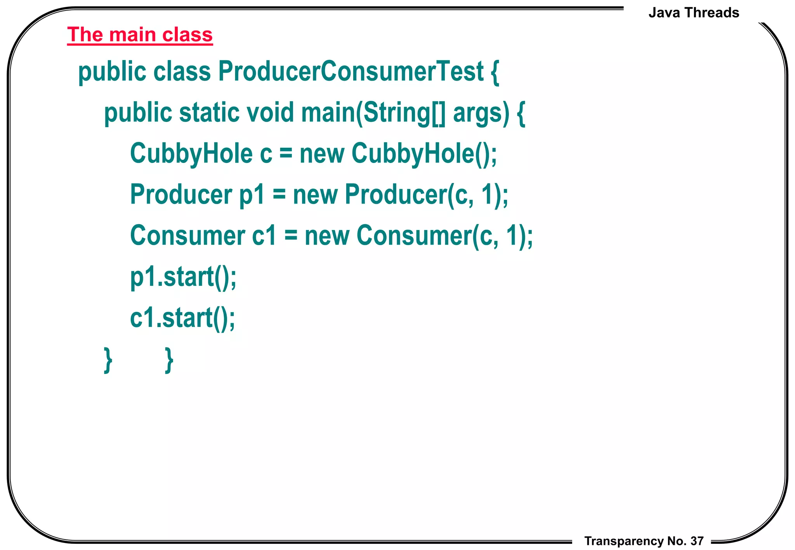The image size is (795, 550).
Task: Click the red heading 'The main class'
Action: pyautogui.click(x=140, y=35)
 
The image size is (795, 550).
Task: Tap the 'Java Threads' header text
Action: pyautogui.click(x=694, y=13)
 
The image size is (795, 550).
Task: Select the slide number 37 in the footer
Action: pyautogui.click(x=697, y=541)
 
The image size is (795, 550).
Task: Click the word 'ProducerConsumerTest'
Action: pyautogui.click(x=351, y=71)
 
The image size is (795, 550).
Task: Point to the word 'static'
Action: pyautogui.click(x=209, y=112)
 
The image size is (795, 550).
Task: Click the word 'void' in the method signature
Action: pyautogui.click(x=270, y=112)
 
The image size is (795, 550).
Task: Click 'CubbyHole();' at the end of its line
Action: pyautogui.click(x=424, y=154)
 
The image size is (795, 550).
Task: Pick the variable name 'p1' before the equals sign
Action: pyautogui.click(x=252, y=195)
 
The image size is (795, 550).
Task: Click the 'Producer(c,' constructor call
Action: pyautogui.click(x=409, y=194)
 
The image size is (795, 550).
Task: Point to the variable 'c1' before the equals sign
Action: pyautogui.click(x=264, y=235)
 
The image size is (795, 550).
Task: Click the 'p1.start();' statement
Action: pyautogui.click(x=183, y=277)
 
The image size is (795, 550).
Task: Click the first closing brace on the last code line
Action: pyautogui.click(x=108, y=360)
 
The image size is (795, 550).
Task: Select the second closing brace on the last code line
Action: pyautogui.click(x=169, y=360)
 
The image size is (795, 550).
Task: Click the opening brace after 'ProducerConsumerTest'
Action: pyautogui.click(x=495, y=72)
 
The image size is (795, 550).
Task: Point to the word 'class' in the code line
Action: pyautogui.click(x=182, y=71)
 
